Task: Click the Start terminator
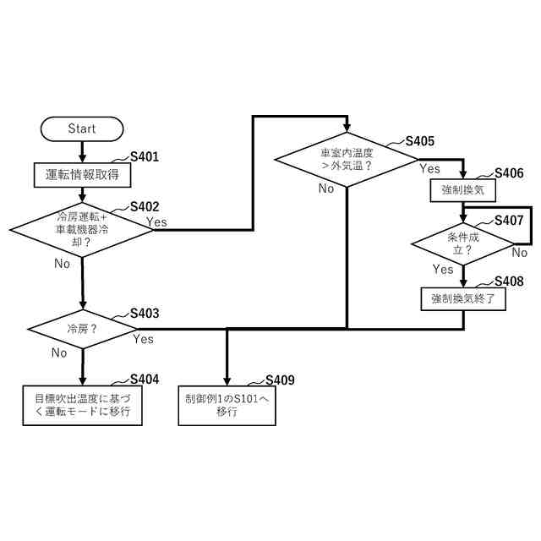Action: (82, 128)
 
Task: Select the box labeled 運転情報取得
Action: (82, 175)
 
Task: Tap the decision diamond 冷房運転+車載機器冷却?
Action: (82, 228)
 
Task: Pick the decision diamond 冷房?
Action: (82, 328)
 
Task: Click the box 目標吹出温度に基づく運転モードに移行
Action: (82, 405)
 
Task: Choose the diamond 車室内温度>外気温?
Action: (347, 161)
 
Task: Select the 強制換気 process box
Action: (462, 190)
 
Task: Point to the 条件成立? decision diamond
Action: (462, 244)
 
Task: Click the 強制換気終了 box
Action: (462, 298)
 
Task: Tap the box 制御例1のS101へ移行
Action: (227, 405)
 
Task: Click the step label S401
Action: (145, 157)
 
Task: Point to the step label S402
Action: (145, 206)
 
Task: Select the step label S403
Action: (145, 313)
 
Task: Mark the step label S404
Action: (145, 379)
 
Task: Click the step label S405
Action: (420, 141)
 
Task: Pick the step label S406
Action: (509, 173)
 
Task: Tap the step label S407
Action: (509, 220)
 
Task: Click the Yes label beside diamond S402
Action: (156, 222)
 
